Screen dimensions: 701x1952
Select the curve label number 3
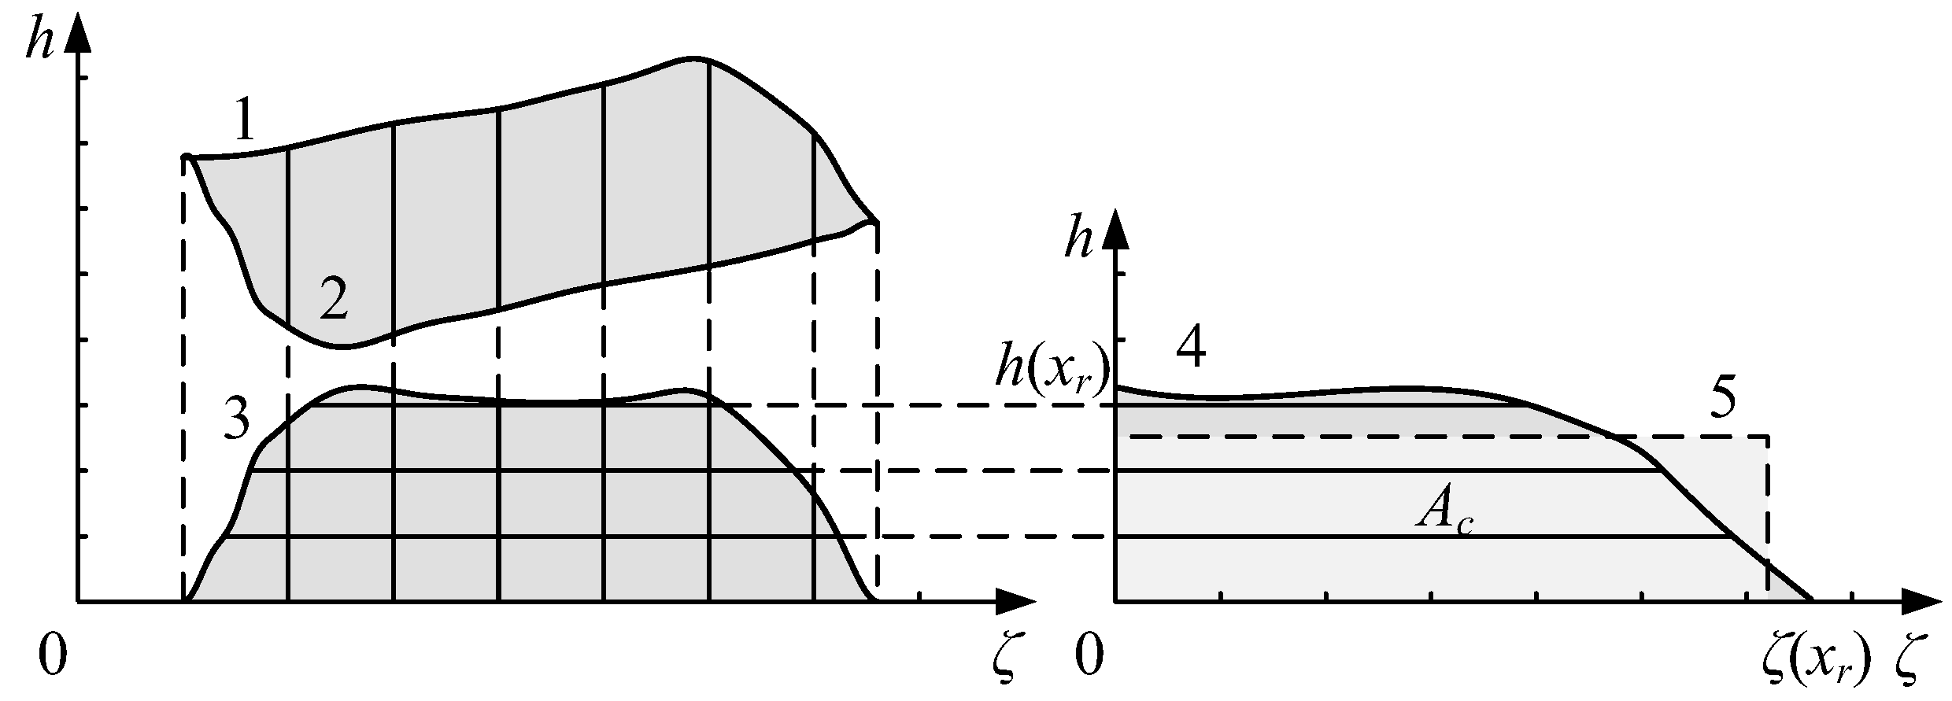(x=235, y=421)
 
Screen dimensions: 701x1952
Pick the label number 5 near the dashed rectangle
(x=1722, y=401)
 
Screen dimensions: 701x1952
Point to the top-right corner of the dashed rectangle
(x=1768, y=437)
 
